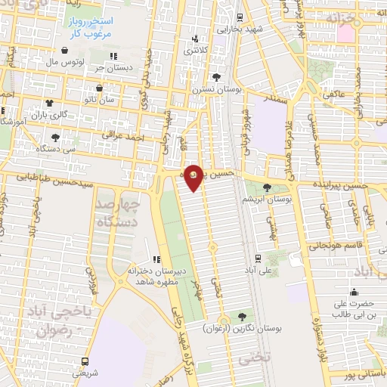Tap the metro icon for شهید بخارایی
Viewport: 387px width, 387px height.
coord(240,17)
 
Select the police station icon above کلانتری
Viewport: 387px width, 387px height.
coord(195,38)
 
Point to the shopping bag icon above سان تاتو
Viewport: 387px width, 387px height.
coord(99,88)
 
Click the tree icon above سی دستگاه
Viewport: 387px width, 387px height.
coord(55,137)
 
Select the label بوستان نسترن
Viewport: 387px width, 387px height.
coord(217,89)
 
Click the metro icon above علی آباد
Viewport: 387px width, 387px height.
coord(259,257)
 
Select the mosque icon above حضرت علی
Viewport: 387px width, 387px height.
coord(354,293)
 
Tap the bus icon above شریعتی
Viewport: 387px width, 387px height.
coord(85,361)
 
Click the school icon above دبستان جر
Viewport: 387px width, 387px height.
coord(113,55)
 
